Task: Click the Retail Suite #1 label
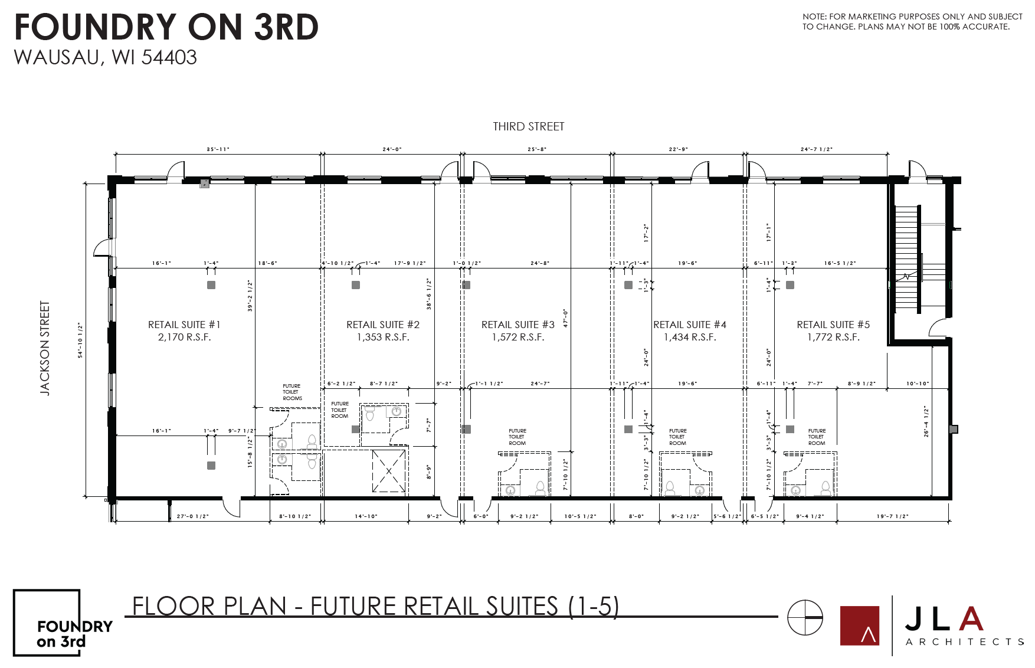[184, 325]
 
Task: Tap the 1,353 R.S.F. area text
[383, 338]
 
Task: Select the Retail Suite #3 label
[518, 325]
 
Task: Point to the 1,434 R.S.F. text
[690, 338]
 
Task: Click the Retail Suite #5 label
[833, 325]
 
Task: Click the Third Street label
[529, 126]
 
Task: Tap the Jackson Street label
[45, 348]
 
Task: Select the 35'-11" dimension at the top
[218, 149]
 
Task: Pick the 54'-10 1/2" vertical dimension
[80, 339]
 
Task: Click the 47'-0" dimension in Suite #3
[565, 318]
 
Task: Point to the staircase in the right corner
[907, 260]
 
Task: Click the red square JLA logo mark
[859, 626]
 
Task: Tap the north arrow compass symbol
[805, 617]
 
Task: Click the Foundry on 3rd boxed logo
[47, 623]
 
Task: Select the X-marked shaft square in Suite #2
[389, 471]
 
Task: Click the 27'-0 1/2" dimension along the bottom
[192, 516]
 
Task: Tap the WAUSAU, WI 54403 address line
[105, 57]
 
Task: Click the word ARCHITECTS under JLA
[964, 641]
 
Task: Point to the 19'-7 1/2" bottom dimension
[892, 516]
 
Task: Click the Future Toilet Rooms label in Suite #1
[292, 392]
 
